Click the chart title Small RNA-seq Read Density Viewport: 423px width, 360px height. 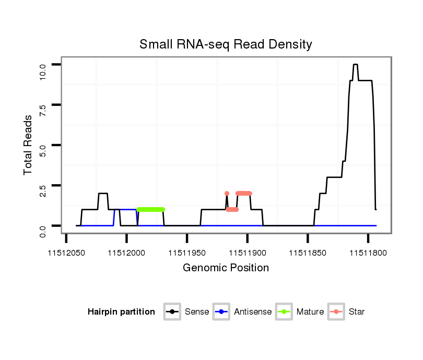[226, 44]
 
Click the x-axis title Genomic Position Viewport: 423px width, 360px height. [226, 268]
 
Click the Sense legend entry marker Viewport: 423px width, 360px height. [172, 312]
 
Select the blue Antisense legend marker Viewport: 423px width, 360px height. [221, 312]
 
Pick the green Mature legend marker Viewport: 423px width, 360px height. [284, 312]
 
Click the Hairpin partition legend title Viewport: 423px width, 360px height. [121, 312]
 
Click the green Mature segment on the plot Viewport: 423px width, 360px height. [151, 209]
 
